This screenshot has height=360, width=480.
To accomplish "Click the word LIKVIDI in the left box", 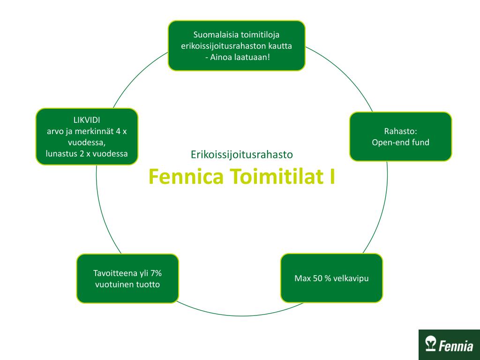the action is pyautogui.click(x=87, y=120).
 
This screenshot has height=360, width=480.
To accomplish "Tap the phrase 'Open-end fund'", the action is pyautogui.click(x=400, y=142).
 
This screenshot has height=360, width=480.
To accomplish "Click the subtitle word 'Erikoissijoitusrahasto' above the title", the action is pyautogui.click(x=242, y=154).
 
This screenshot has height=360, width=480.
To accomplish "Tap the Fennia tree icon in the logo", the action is pyautogui.click(x=430, y=345).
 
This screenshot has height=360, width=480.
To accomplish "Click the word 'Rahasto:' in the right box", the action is pyautogui.click(x=400, y=131).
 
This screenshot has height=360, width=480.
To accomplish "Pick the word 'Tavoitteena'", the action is pyautogui.click(x=113, y=273).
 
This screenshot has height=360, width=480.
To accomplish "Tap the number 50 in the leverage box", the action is pyautogui.click(x=317, y=278).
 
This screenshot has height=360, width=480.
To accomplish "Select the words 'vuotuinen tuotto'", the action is pyautogui.click(x=127, y=285).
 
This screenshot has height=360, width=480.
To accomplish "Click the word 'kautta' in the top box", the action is pyautogui.click(x=281, y=46).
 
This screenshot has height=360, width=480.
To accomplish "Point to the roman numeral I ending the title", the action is pyautogui.click(x=332, y=177).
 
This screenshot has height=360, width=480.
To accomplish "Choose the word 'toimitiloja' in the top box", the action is pyautogui.click(x=260, y=35).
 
